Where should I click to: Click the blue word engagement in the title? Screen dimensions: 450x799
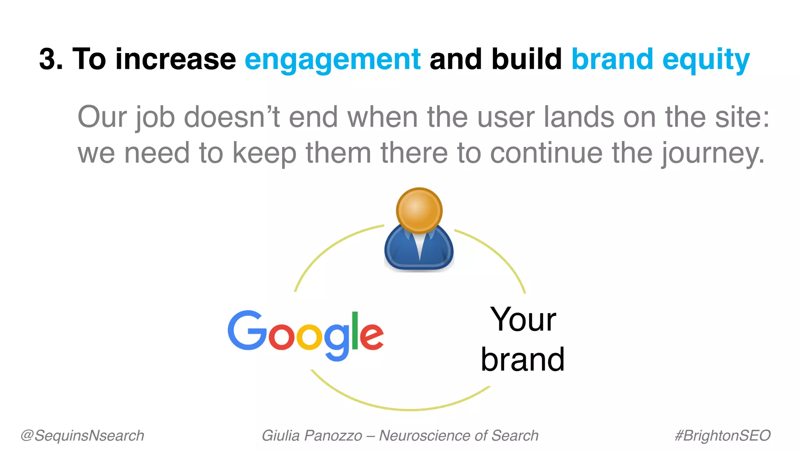tap(332, 59)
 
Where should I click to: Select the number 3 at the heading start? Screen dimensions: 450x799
tap(48, 59)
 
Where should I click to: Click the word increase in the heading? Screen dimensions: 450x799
tap(176, 59)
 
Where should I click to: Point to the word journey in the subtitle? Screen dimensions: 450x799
tap(712, 154)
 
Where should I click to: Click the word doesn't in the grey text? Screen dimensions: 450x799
tap(232, 117)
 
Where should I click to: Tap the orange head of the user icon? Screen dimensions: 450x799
tap(419, 210)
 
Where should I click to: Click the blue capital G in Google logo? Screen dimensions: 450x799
tap(246, 330)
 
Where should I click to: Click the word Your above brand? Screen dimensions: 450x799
tap(523, 320)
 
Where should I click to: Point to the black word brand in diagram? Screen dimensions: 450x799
tap(522, 359)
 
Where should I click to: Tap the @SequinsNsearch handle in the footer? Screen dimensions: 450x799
tap(82, 436)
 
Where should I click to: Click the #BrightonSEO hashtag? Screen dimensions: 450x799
tap(723, 436)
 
